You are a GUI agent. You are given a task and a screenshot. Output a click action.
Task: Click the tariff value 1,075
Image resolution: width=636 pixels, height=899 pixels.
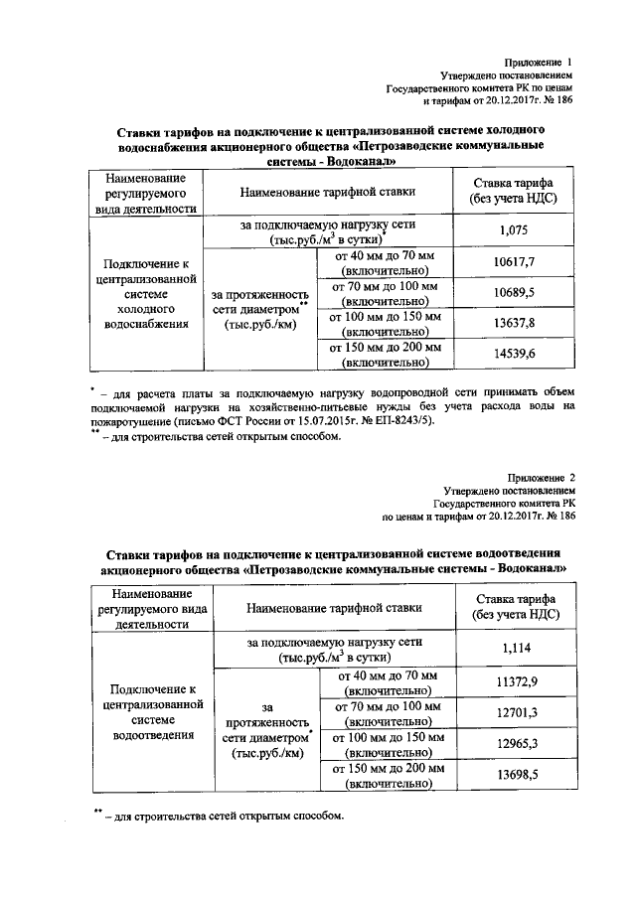tap(514, 230)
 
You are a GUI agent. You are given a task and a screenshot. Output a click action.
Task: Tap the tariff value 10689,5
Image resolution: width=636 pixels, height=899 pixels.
tap(514, 294)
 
